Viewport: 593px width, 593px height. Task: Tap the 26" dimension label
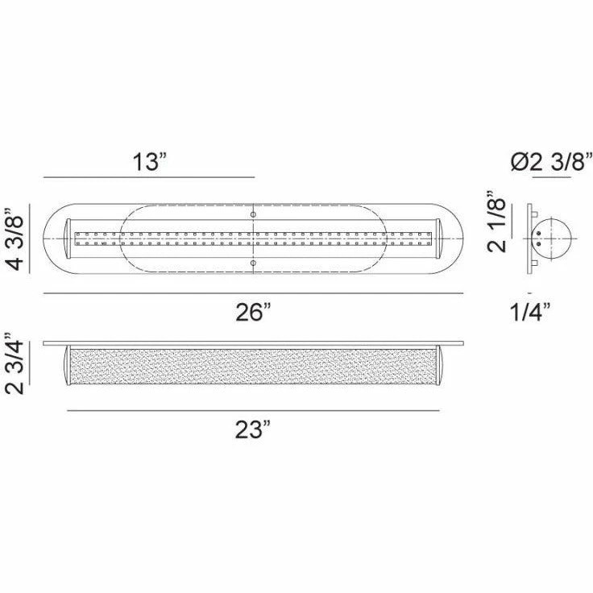[x=253, y=313]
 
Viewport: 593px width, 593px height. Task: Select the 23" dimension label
[x=253, y=429]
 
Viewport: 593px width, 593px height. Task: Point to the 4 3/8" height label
[x=16, y=238]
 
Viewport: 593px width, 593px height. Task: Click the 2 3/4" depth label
[x=15, y=363]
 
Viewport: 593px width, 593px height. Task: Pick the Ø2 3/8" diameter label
[x=551, y=161]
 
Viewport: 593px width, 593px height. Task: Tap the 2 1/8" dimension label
[x=496, y=221]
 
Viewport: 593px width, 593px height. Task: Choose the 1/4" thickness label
[x=530, y=313]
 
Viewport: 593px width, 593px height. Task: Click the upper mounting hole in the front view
[x=253, y=214]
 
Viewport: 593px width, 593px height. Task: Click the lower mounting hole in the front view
[x=253, y=263]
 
